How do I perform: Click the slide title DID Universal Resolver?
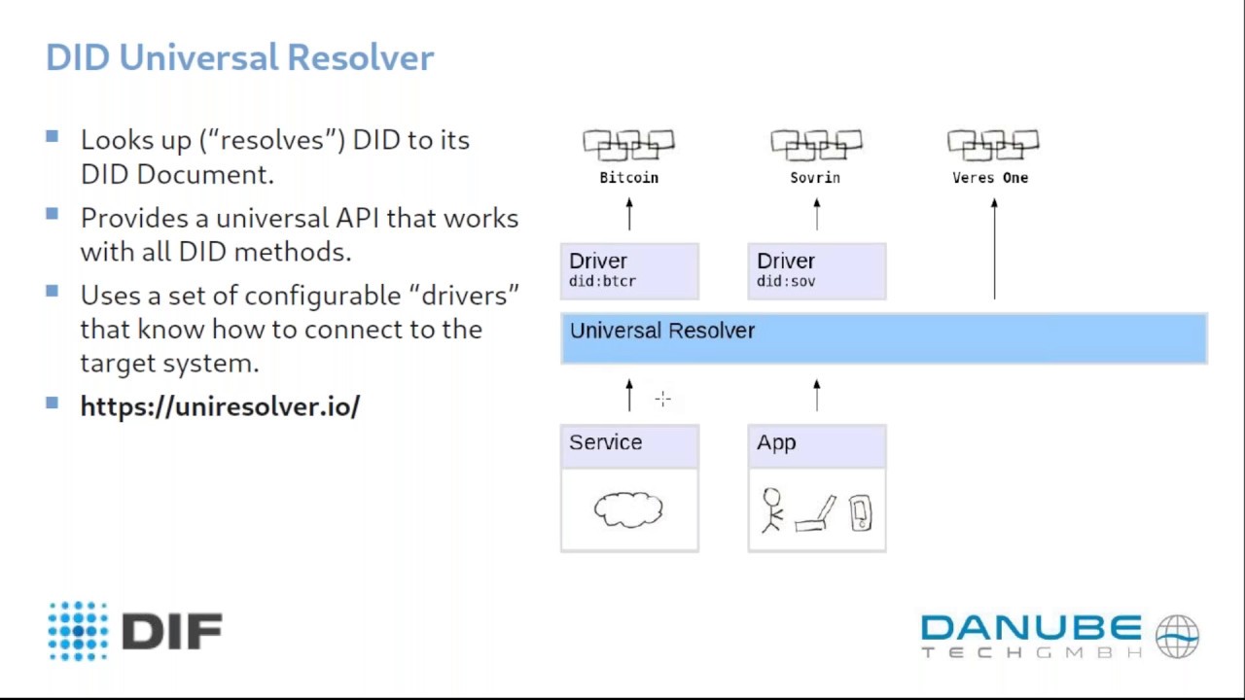coord(239,57)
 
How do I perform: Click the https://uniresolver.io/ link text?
coord(220,406)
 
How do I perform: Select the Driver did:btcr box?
coord(629,270)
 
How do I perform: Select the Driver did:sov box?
coord(816,270)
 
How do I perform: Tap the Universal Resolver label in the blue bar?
coord(661,331)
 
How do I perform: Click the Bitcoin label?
coord(628,178)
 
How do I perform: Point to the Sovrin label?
coord(815,178)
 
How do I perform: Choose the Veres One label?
coord(989,178)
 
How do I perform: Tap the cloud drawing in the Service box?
coord(628,509)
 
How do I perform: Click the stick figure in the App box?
coord(772,509)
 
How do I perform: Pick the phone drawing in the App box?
coord(861,512)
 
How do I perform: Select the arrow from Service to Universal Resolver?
coord(629,395)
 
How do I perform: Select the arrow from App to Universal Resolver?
coord(816,395)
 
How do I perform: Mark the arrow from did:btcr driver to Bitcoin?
coord(629,214)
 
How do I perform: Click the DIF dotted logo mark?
coord(78,631)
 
